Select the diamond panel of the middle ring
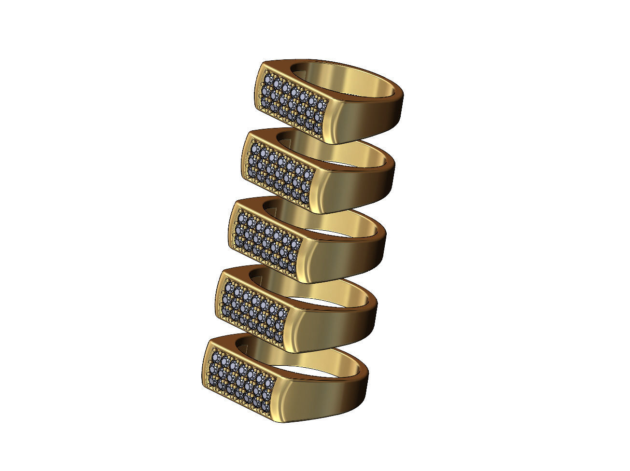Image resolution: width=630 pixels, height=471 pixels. [268, 239]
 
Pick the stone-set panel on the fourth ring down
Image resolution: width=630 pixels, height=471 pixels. [256, 308]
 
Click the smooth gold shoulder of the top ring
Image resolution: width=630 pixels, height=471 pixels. [367, 118]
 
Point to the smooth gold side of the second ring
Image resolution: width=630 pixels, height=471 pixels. [357, 186]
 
